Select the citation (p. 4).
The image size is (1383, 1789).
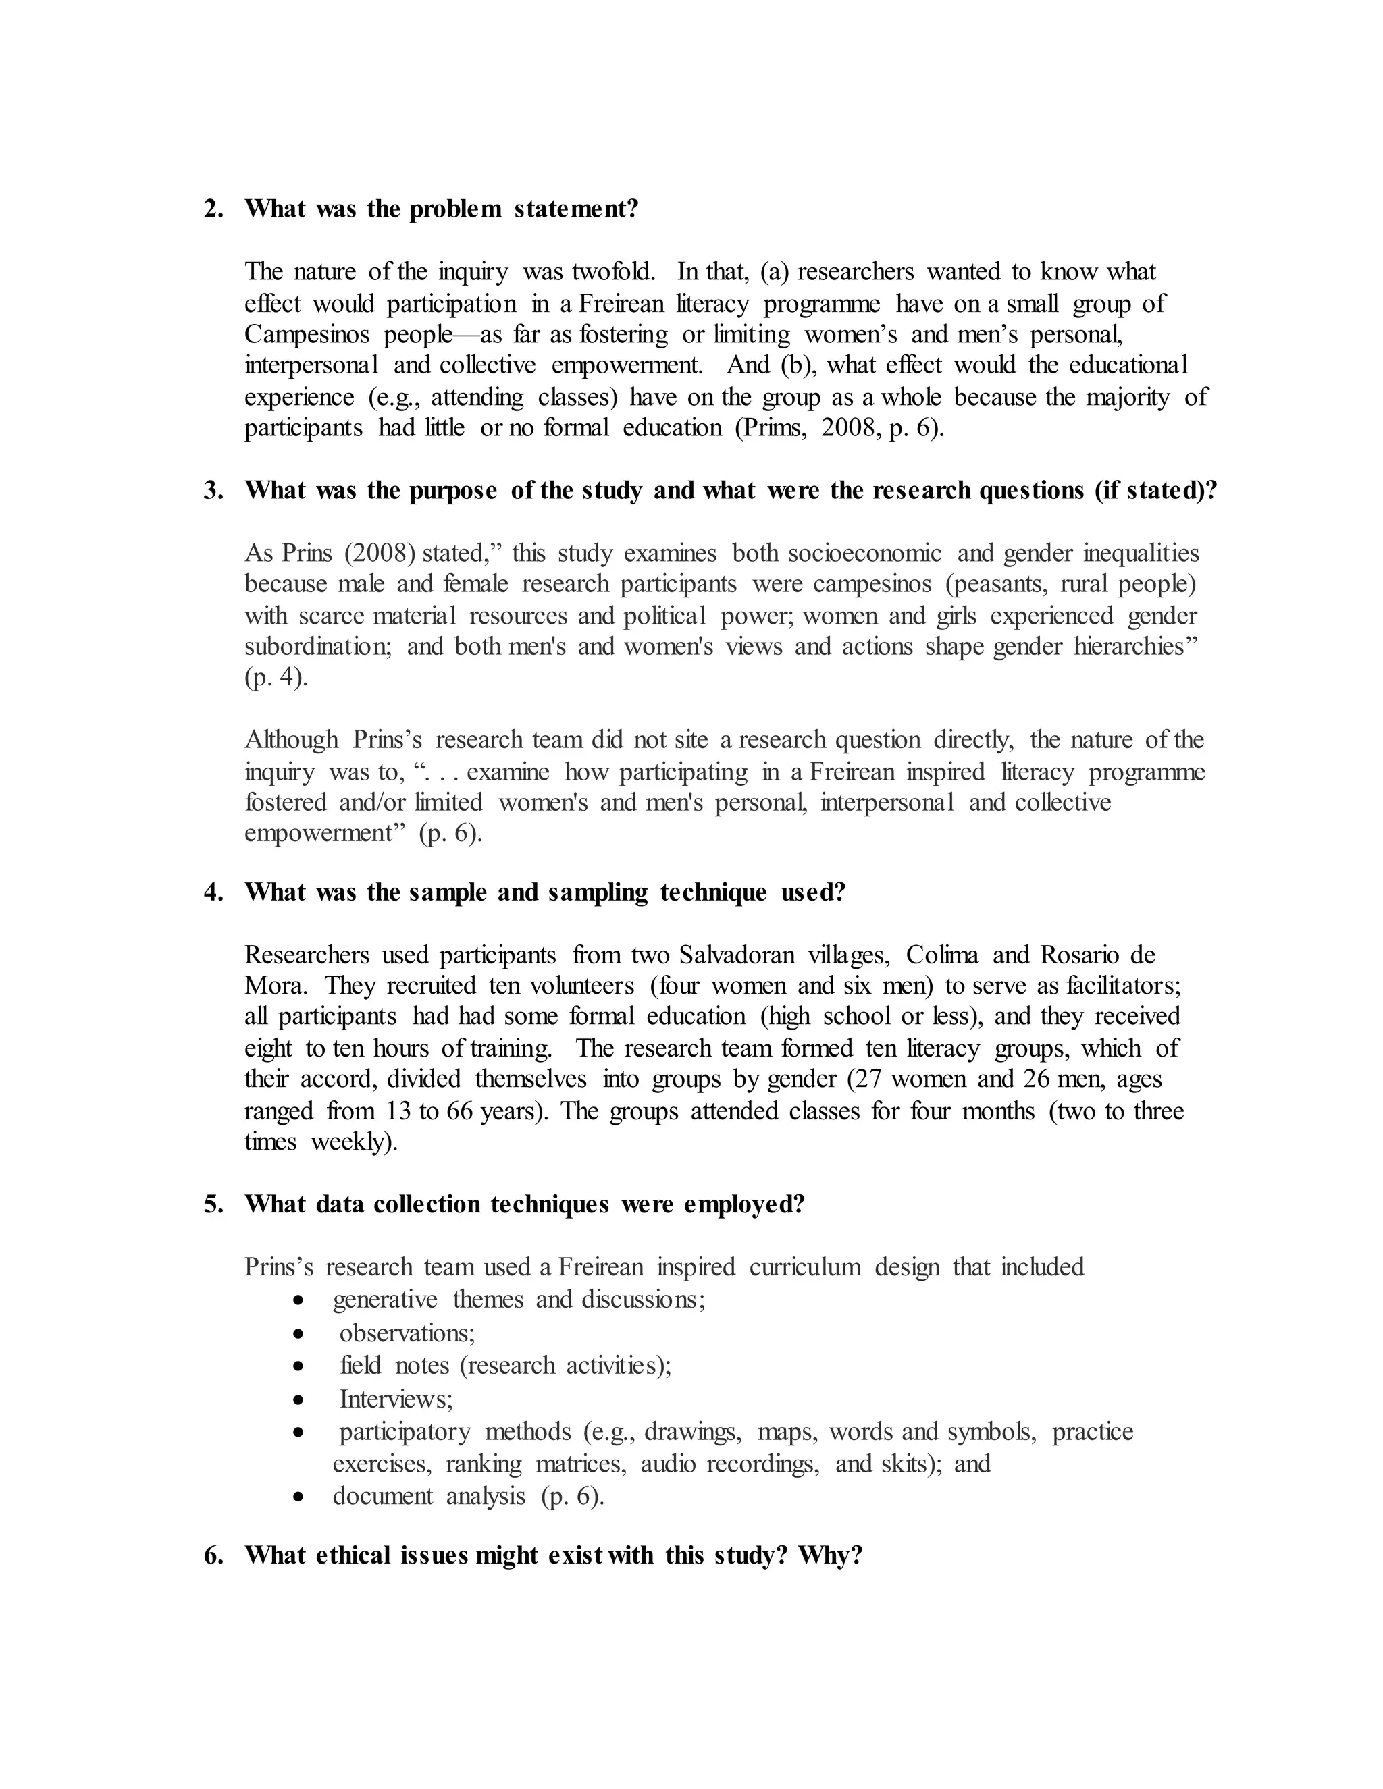coord(276,678)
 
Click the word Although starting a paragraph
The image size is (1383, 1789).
coord(291,740)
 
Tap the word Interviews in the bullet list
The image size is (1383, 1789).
coord(396,1398)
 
